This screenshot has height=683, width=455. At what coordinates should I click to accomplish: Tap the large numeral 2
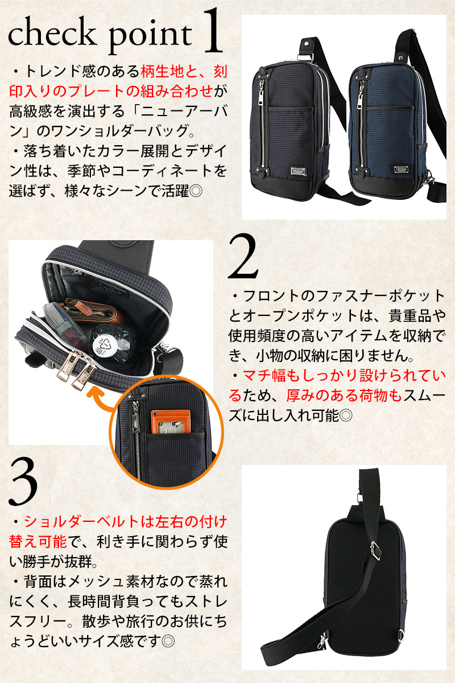pos(243,256)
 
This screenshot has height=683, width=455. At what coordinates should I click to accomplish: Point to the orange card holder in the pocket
pos(171,420)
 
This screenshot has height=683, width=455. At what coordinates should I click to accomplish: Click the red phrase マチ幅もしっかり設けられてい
pos(344,376)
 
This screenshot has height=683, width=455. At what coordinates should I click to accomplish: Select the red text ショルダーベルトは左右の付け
pos(126,521)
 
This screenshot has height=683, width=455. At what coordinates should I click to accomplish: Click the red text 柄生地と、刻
pos(184,72)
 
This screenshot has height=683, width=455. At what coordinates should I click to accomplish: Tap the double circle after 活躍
pos(196,191)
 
